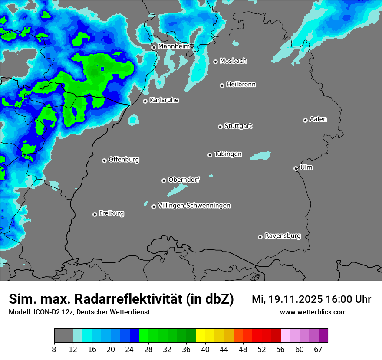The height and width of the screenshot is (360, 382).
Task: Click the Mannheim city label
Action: click(x=174, y=46)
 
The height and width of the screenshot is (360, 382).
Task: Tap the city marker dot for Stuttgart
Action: click(x=220, y=127)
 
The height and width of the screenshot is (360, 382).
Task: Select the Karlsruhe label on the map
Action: click(x=164, y=100)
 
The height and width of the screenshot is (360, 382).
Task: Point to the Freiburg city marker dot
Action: click(x=95, y=214)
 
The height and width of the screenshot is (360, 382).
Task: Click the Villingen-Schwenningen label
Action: click(x=194, y=206)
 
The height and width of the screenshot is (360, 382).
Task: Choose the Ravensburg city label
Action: click(x=283, y=236)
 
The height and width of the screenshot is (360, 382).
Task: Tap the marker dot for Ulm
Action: click(x=296, y=168)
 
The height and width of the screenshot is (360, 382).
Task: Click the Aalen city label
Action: click(x=318, y=119)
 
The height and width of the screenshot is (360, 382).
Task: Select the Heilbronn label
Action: click(x=241, y=85)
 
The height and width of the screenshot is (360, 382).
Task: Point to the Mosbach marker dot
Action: click(x=215, y=62)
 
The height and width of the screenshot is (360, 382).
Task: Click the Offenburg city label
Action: click(x=124, y=160)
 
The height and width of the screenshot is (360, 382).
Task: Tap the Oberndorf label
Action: click(x=184, y=180)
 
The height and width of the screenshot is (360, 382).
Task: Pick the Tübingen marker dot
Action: click(x=210, y=155)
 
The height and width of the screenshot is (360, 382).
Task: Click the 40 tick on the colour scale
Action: click(x=205, y=349)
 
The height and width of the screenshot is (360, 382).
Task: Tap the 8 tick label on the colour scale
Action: click(x=54, y=349)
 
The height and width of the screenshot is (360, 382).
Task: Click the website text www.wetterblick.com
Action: click(x=313, y=312)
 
